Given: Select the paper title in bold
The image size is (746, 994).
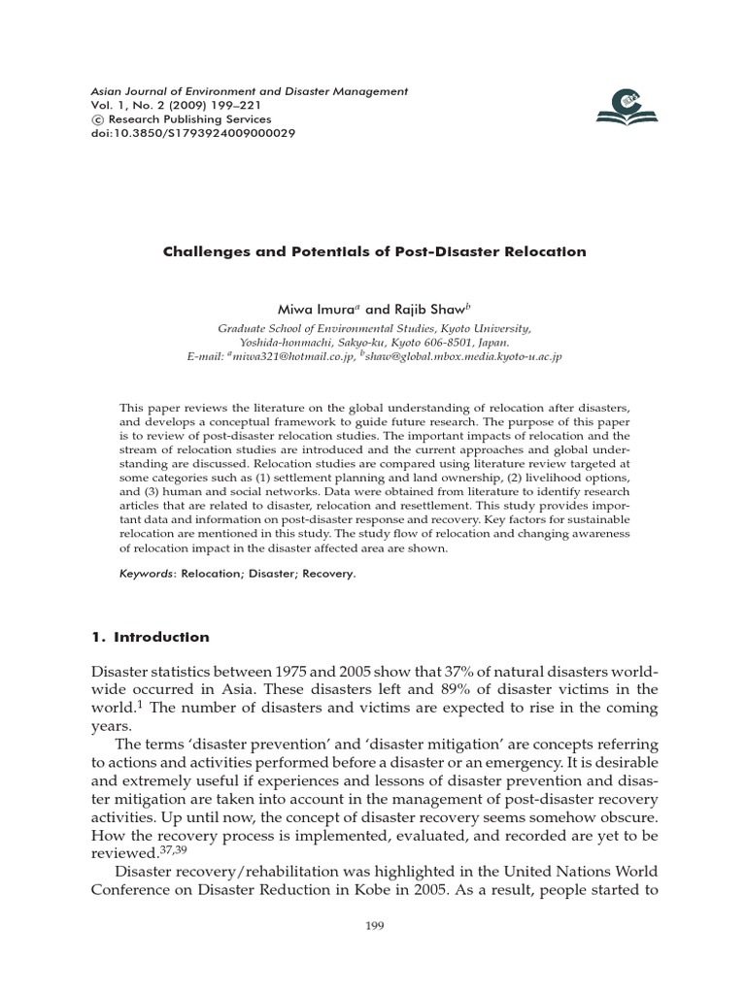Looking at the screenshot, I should (x=373, y=251).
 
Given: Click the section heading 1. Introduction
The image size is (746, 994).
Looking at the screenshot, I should (x=150, y=638).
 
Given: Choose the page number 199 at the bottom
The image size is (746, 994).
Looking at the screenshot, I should (x=373, y=926).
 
